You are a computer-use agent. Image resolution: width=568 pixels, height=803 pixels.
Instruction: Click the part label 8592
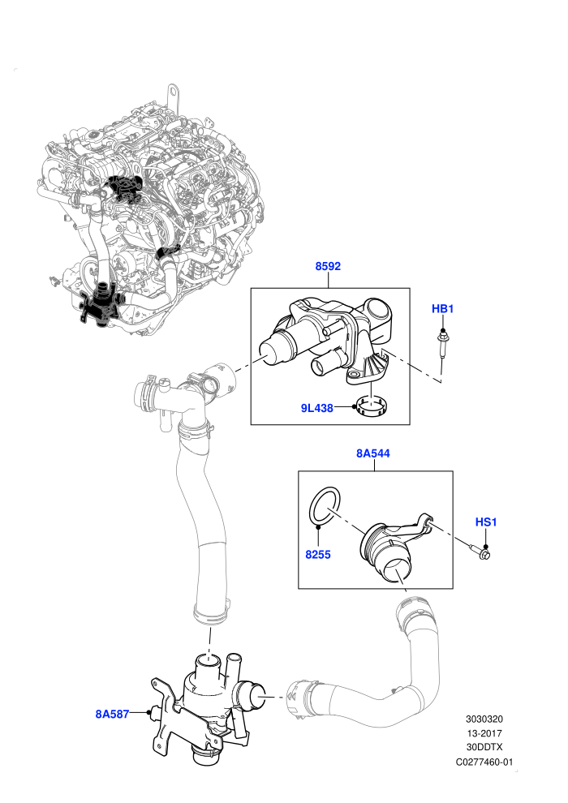click(x=328, y=266)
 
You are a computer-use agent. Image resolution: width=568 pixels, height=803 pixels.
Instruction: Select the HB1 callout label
click(x=442, y=309)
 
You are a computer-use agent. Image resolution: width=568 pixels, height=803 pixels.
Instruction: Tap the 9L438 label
click(x=317, y=408)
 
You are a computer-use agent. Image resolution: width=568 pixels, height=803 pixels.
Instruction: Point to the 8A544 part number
click(x=373, y=453)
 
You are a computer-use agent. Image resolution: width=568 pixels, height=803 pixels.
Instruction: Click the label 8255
click(x=318, y=555)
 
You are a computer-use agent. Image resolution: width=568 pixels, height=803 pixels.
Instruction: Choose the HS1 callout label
click(x=486, y=522)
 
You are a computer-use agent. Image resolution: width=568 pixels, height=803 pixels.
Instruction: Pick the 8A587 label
click(x=112, y=714)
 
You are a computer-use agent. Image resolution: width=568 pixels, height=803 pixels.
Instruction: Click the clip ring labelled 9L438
click(x=373, y=407)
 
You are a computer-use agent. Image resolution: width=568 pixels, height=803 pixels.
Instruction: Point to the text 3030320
click(x=484, y=719)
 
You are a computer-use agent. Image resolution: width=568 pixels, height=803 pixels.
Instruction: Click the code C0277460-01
click(x=484, y=762)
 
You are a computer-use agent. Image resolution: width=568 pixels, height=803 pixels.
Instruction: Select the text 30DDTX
click(x=484, y=748)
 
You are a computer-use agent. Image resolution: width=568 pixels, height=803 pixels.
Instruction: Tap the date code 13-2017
click(x=484, y=733)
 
